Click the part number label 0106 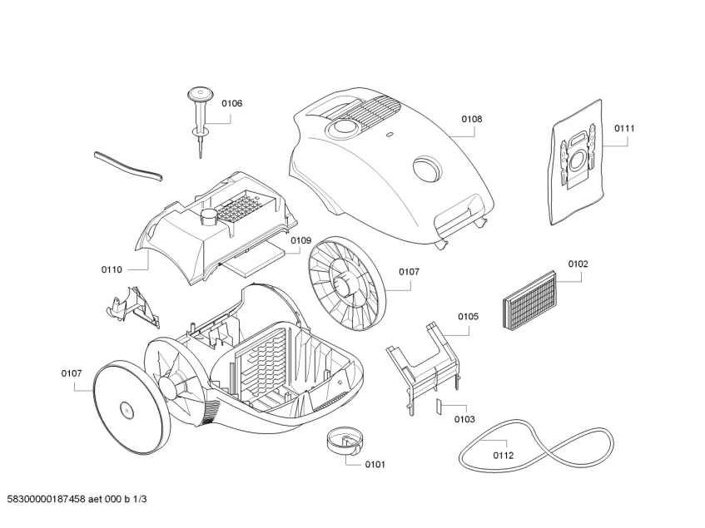pos(231,103)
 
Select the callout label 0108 pos(471,119)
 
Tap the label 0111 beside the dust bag pos(624,128)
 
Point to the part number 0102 pos(578,264)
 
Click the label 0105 pos(468,316)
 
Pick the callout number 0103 pos(464,419)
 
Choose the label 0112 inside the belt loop pos(503,455)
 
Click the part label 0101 pos(375,464)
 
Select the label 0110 pos(112,269)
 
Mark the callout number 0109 pos(300,240)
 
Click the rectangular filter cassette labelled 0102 pos(529,300)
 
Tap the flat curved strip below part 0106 pos(129,165)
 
